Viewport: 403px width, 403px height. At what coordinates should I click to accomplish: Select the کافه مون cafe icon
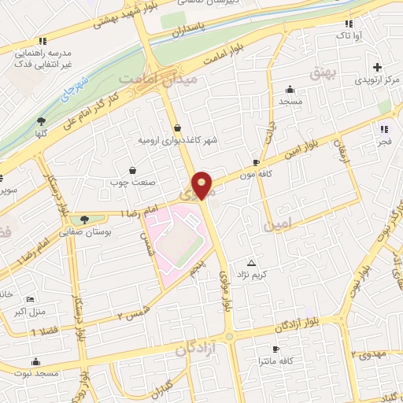click(x=256, y=162)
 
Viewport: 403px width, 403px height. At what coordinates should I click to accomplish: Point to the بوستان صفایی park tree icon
click(x=84, y=220)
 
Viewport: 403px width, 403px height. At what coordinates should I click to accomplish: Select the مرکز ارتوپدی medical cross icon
click(x=378, y=68)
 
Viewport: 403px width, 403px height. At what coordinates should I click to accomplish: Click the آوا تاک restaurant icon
click(x=349, y=24)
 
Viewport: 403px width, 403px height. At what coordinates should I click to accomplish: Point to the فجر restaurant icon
click(x=384, y=129)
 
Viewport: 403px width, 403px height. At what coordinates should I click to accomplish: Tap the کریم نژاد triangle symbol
click(x=252, y=263)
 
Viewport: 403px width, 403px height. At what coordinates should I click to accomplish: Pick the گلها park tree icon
click(x=41, y=120)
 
